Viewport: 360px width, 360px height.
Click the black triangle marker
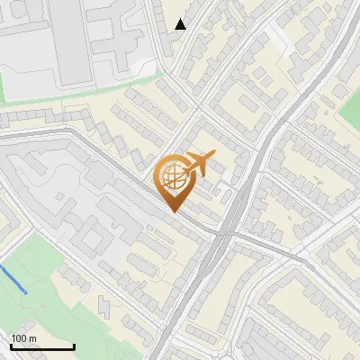tap(181, 24)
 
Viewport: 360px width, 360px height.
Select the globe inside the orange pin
tap(173, 177)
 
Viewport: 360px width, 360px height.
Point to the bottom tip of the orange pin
tap(173, 212)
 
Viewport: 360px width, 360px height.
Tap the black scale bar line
tap(41, 346)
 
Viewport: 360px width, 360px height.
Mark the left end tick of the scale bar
tap(10, 345)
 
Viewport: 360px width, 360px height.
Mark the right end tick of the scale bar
tap(74, 345)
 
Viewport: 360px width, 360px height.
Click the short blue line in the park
tap(13, 278)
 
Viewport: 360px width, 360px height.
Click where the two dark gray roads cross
tap(225, 232)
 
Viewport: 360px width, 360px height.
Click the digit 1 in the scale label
tap(14, 338)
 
